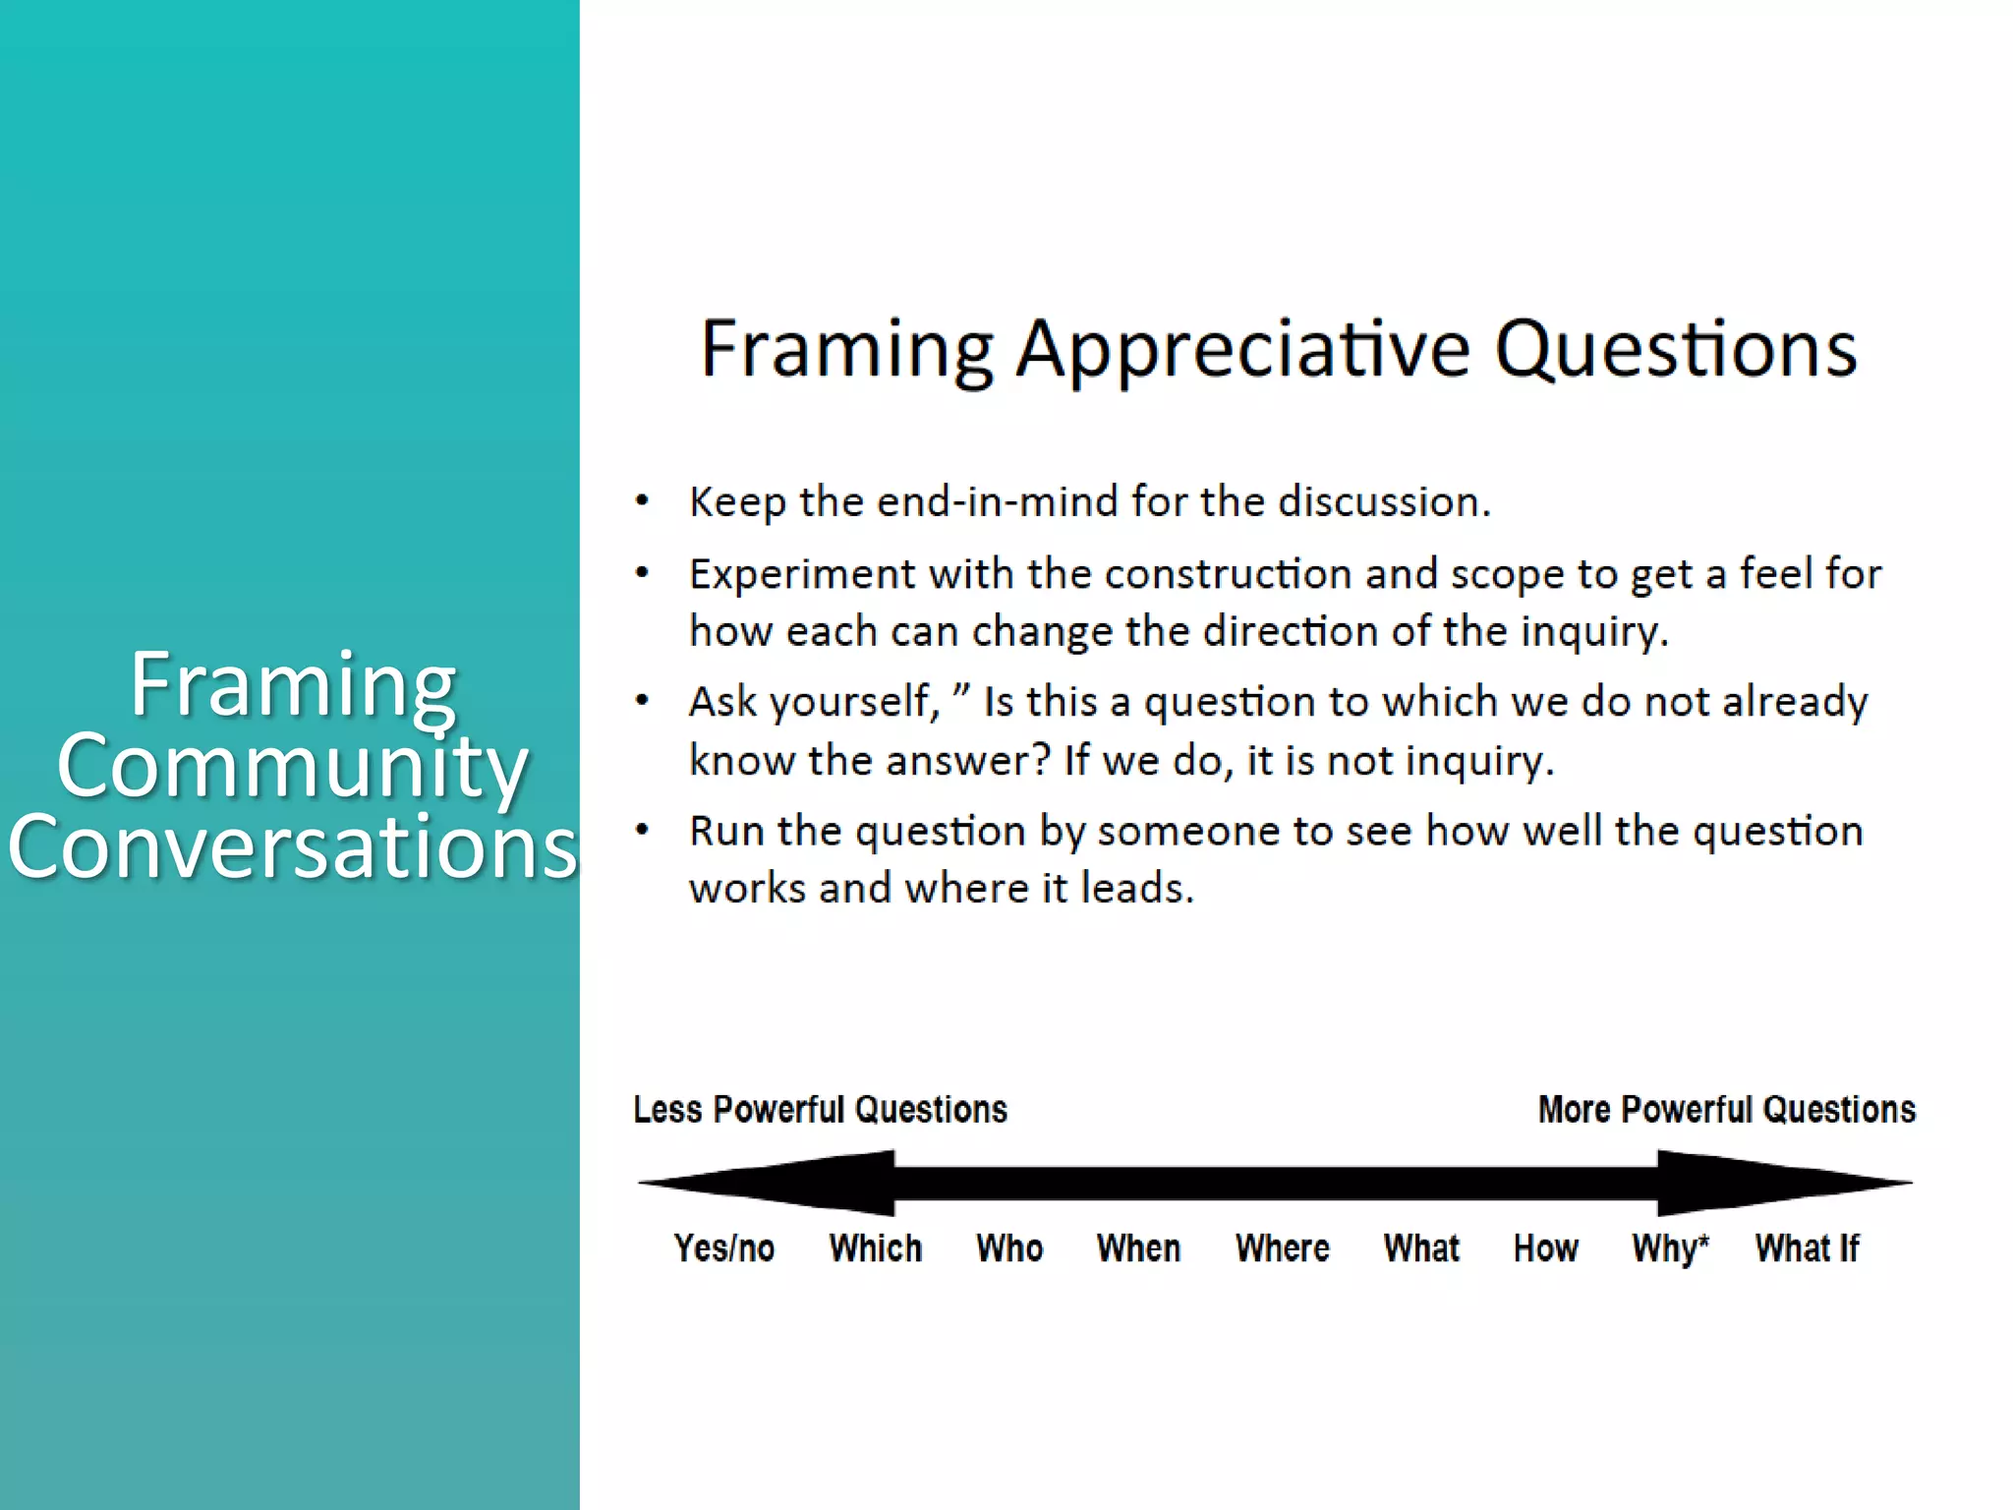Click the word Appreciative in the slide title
(1242, 351)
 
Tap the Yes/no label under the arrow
(724, 1249)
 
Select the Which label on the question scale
(876, 1249)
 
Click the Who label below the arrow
(1009, 1249)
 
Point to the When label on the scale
(1138, 1249)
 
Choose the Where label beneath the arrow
(1283, 1249)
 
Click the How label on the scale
(1546, 1249)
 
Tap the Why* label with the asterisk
(1670, 1249)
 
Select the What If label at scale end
(1808, 1249)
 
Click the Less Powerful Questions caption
(821, 1110)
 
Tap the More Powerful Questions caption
(1727, 1110)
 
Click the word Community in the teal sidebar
(293, 767)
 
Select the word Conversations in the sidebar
(293, 847)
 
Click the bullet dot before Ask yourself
(643, 702)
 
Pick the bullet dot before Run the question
(643, 831)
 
